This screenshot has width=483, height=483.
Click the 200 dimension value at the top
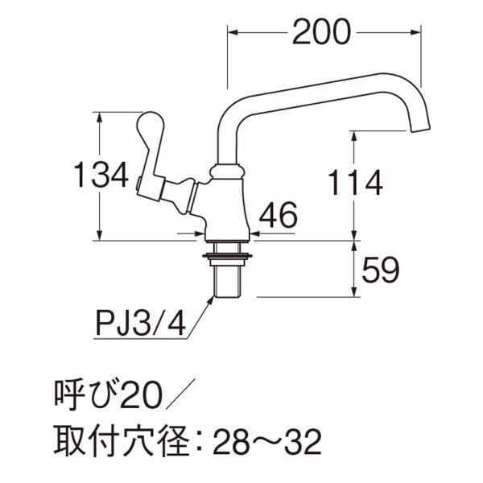point(322,33)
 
